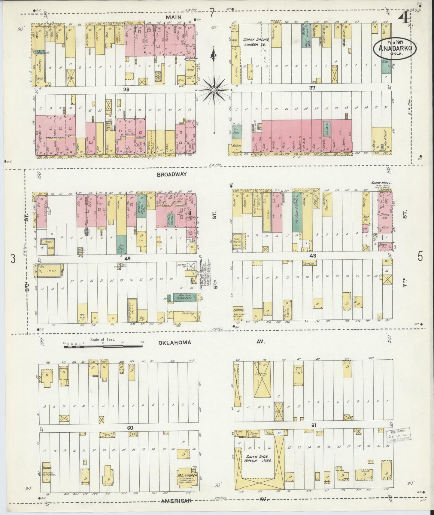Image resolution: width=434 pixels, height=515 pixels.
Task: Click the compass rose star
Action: point(214,90)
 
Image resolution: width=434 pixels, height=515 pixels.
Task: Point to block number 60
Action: point(130,427)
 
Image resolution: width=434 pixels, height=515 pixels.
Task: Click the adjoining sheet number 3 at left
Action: point(13,259)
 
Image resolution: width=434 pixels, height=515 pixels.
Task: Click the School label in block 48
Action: point(239,310)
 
